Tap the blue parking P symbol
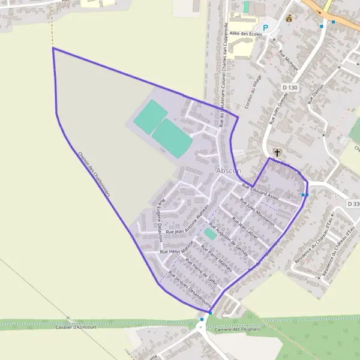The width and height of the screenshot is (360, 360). click(265, 28)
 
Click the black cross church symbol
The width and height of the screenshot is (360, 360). click(276, 152)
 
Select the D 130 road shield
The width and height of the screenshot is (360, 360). click(290, 88)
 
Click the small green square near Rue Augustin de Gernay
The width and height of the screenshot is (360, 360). click(209, 232)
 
